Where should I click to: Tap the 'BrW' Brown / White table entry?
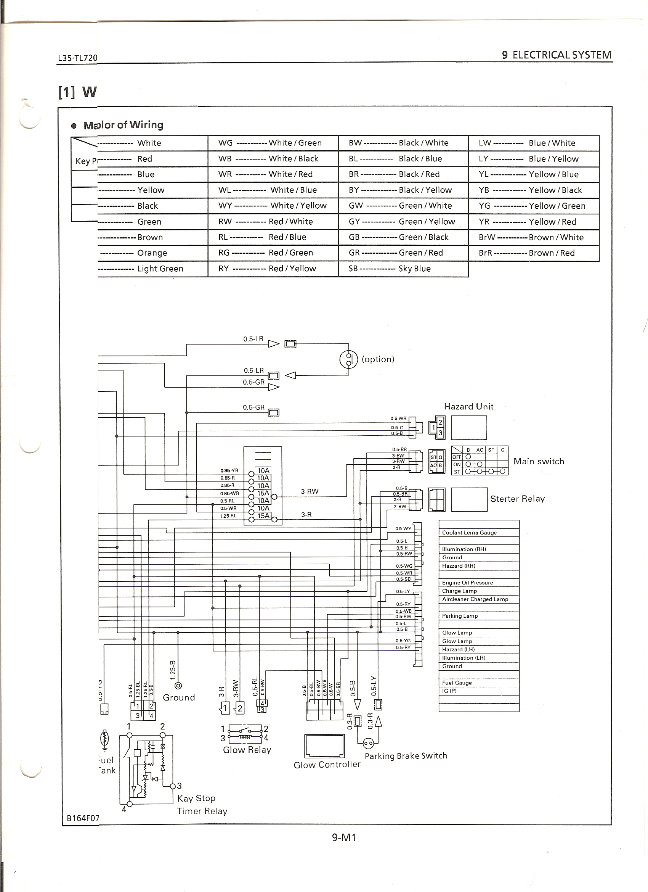coord(531,237)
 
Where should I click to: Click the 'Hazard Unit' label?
coord(468,407)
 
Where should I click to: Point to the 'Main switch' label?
coord(538,461)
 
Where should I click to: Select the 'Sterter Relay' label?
coord(517,499)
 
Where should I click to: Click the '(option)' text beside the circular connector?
coord(378,359)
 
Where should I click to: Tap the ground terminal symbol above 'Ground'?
coord(178,686)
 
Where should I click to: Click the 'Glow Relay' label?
coord(247,750)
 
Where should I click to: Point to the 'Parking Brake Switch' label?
coord(406,755)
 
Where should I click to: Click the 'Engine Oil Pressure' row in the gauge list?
coord(467,583)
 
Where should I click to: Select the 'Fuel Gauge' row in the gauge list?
coord(457,683)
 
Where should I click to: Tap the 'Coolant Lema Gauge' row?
coord(469,533)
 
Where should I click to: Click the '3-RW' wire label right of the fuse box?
coord(310,491)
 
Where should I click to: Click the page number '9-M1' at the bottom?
coord(344,837)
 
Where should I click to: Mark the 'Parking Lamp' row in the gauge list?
coord(460,616)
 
